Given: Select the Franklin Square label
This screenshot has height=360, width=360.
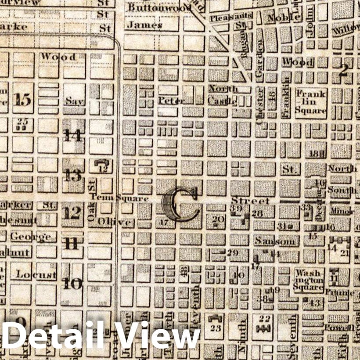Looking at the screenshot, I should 310,101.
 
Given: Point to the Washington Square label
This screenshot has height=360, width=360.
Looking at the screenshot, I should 309,280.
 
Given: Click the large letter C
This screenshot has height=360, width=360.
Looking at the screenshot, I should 180,205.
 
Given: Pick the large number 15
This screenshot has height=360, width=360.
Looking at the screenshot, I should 23,99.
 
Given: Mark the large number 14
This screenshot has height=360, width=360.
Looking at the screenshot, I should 73,135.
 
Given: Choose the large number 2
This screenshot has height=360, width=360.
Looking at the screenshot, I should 344,69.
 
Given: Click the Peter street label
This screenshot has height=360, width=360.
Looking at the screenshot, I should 171,101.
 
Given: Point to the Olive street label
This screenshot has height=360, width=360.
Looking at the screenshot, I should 115,222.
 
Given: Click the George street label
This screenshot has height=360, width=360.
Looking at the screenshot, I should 31,237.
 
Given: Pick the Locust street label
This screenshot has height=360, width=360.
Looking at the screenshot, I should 36,275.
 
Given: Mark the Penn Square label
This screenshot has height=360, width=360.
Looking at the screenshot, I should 119,198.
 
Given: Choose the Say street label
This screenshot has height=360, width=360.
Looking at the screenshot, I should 75,101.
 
